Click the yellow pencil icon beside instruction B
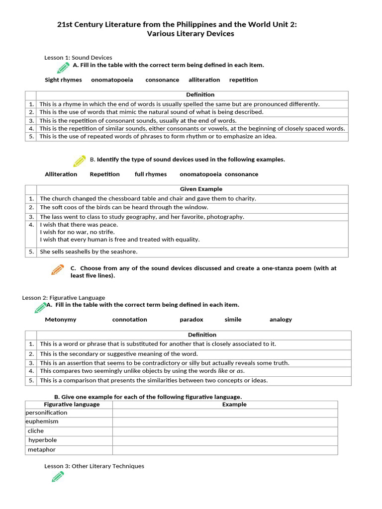(79, 161)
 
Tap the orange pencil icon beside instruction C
(57, 270)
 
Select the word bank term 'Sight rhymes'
(63, 80)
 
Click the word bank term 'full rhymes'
(151, 174)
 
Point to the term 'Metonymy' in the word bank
(61, 320)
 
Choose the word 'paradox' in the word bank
(191, 320)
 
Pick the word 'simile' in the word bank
(233, 320)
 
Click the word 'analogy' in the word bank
(281, 320)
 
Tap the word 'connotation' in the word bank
(129, 320)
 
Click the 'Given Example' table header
(201, 189)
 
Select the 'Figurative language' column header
(72, 405)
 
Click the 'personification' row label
(46, 413)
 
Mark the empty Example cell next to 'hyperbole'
(225, 440)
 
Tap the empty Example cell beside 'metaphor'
(225, 450)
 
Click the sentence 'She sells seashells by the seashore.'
(89, 252)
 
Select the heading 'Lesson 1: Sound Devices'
(78, 58)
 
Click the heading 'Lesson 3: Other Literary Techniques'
(94, 466)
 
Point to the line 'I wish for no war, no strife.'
(77, 232)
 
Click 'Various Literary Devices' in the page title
(191, 34)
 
